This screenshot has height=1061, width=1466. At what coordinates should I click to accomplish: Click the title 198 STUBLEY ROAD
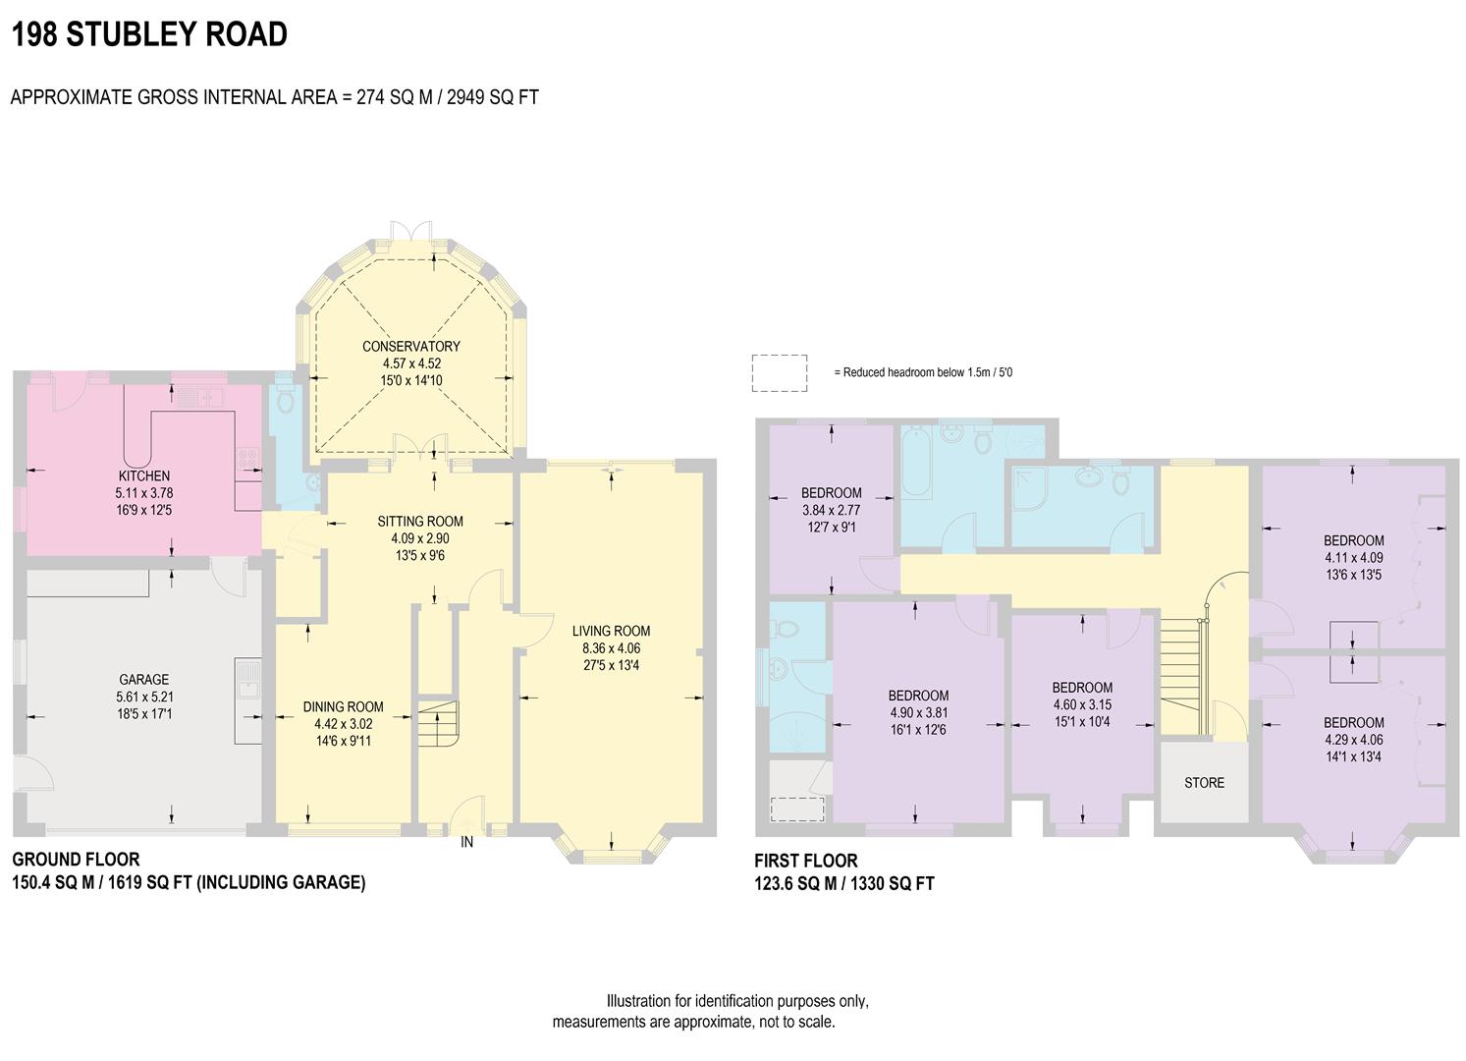[x=149, y=34]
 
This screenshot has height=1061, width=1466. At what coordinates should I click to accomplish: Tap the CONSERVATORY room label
[x=410, y=347]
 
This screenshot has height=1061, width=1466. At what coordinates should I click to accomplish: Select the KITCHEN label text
[x=144, y=476]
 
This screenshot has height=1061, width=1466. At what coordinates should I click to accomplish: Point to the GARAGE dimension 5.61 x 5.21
[x=144, y=697]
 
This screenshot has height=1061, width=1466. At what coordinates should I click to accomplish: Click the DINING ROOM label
[x=343, y=707]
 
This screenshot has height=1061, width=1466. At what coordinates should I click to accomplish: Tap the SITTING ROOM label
[x=420, y=522]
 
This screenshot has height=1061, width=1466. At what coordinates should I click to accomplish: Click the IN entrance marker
[x=467, y=842]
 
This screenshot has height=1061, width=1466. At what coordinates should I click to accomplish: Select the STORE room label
[x=1204, y=783]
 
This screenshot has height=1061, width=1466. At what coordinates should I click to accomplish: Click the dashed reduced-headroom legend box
[x=780, y=373]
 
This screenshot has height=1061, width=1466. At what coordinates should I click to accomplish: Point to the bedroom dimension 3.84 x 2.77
[x=831, y=510]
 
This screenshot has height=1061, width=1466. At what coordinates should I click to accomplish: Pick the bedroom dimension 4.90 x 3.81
[x=919, y=713]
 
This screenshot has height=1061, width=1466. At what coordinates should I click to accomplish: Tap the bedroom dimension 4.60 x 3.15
[x=1082, y=704]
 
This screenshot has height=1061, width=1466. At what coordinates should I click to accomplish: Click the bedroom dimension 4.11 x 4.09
[x=1353, y=557]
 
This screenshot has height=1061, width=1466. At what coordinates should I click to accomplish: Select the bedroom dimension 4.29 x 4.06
[x=1353, y=739]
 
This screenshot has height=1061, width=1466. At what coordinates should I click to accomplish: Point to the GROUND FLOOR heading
[x=76, y=860]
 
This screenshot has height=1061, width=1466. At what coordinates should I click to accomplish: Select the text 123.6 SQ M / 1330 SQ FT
[x=844, y=883]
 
